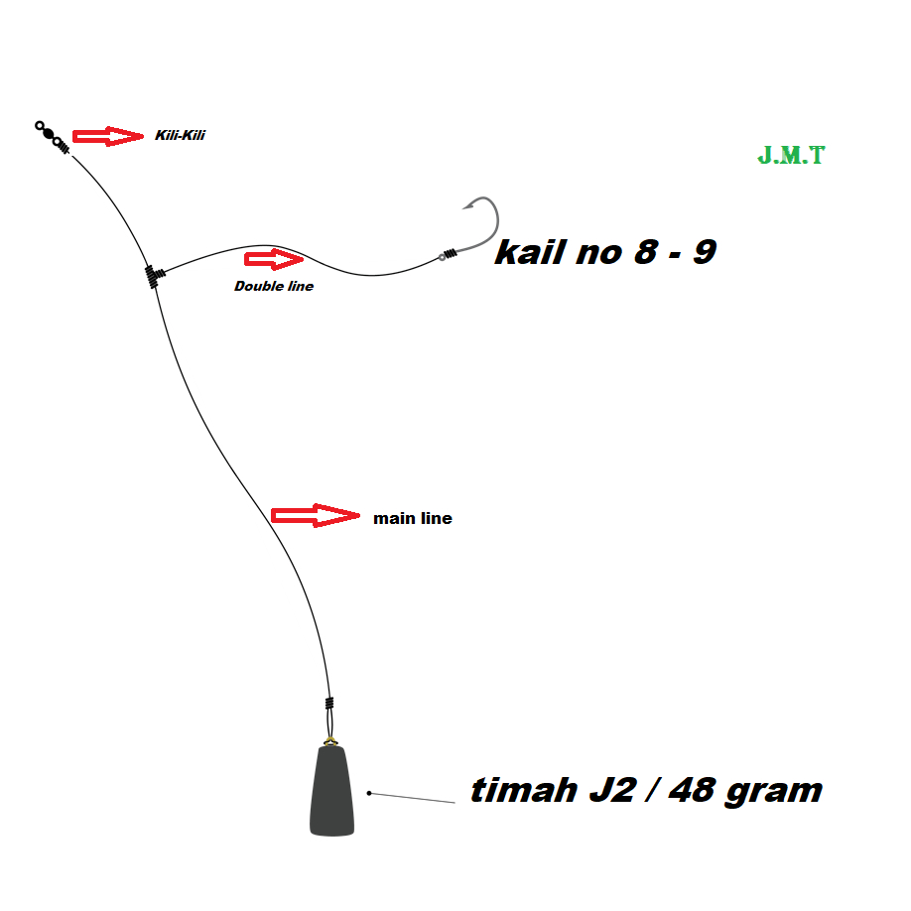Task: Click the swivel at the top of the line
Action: coord(52,137)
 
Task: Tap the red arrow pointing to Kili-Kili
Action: coord(108,137)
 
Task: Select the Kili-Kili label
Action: coord(180,135)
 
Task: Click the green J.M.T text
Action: coord(791,155)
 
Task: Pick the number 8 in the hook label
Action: coord(647,252)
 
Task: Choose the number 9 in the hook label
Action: coord(705,252)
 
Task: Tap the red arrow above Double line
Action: coord(274,259)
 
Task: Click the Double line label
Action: coord(274,286)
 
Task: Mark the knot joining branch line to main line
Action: coord(154,276)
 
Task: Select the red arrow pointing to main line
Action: coord(316,515)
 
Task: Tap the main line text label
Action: coord(413,518)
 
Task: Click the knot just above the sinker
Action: coord(329,703)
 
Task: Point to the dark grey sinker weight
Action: coord(331,791)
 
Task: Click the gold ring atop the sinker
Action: coord(330,741)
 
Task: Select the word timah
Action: coord(524,790)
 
